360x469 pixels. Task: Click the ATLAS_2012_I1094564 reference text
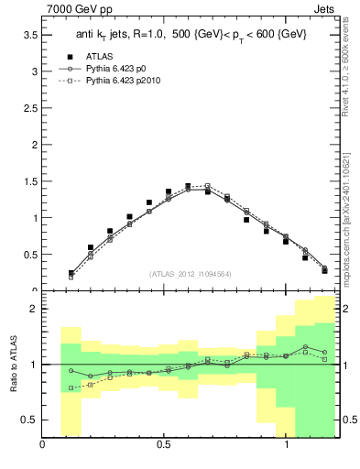(190, 273)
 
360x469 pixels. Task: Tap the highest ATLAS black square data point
(188, 186)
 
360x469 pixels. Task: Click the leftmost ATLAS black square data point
(71, 273)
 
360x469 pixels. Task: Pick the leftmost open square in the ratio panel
(71, 387)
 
